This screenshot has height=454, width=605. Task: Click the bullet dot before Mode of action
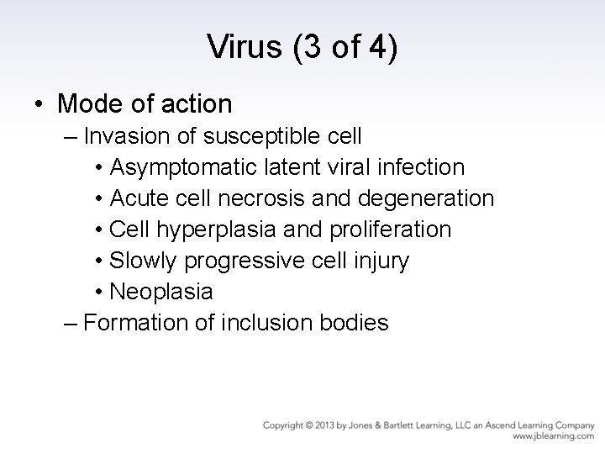pyautogui.click(x=40, y=105)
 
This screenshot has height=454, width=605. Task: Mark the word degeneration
pyautogui.click(x=426, y=198)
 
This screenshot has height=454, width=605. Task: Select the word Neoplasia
pyautogui.click(x=160, y=292)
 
